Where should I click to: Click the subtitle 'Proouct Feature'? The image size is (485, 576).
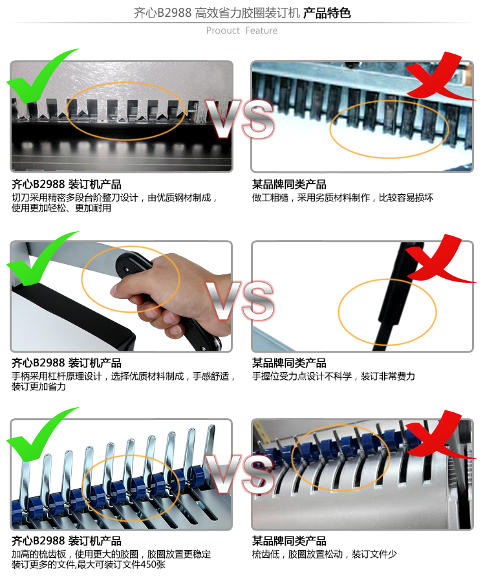coord(242,30)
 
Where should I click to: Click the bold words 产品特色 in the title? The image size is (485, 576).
coord(327,13)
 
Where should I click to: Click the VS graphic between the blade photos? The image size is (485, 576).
coord(240,119)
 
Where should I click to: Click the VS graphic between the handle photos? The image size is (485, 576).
coord(240,300)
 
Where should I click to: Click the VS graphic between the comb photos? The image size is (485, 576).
coord(240,474)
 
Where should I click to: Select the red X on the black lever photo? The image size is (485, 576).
coord(438,260)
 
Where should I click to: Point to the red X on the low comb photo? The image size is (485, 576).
coord(438,436)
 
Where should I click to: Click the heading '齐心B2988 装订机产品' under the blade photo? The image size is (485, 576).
coord(67,184)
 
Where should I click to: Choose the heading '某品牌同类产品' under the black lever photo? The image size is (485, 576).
coord(289,363)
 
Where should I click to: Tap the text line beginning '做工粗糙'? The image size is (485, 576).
coord(343,197)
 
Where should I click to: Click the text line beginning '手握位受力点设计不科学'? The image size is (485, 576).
coord(334,376)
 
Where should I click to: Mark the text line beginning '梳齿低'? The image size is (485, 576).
coord(324,554)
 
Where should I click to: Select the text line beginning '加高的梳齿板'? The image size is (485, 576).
coord(111,554)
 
